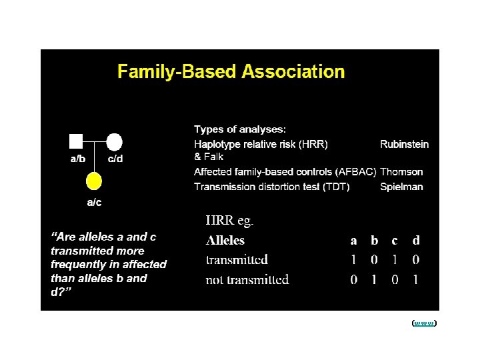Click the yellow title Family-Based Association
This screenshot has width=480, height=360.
click(x=231, y=71)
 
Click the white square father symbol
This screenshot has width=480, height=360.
click(x=76, y=141)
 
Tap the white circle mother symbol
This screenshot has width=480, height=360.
click(x=114, y=141)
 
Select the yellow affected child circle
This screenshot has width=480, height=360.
click(x=95, y=180)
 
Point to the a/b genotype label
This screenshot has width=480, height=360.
click(x=78, y=159)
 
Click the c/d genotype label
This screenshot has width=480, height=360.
click(x=115, y=159)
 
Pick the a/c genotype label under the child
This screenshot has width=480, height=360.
click(x=95, y=202)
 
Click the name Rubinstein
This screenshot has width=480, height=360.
click(x=404, y=144)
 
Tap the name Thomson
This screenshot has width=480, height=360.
click(x=401, y=172)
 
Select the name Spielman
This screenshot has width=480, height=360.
click(x=401, y=187)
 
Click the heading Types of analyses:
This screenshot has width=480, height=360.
click(x=240, y=129)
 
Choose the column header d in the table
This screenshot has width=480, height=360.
click(x=416, y=241)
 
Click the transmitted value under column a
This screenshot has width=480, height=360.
click(x=354, y=260)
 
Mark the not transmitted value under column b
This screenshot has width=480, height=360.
click(x=374, y=280)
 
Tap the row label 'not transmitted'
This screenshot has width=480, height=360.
click(x=247, y=280)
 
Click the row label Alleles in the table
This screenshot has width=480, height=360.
click(x=225, y=241)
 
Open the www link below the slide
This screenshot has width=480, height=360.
click(x=424, y=323)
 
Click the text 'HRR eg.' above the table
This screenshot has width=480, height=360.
click(x=229, y=221)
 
